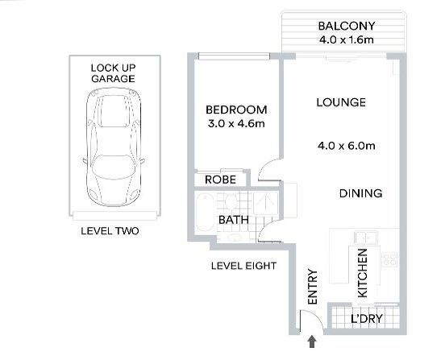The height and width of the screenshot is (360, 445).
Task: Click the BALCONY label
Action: click(x=347, y=26)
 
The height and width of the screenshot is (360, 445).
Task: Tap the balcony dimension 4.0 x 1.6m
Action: click(x=347, y=39)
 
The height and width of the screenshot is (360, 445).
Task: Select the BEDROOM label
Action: click(x=236, y=110)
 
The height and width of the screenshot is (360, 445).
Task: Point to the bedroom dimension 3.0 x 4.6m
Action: click(x=236, y=123)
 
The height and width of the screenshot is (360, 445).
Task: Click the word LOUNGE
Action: click(x=341, y=102)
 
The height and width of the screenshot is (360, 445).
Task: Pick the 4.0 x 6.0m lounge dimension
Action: click(x=347, y=146)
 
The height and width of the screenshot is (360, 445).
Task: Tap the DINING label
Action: click(x=360, y=193)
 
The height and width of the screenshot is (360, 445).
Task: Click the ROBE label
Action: click(x=221, y=180)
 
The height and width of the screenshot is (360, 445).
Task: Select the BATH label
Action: click(x=234, y=220)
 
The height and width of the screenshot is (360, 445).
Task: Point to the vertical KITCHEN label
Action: click(x=363, y=273)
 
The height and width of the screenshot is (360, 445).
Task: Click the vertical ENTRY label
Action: click(x=313, y=287)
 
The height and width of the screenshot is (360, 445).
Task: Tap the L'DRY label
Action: click(x=367, y=319)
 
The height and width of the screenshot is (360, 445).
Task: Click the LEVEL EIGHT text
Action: click(x=243, y=266)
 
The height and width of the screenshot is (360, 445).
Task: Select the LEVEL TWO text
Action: click(x=110, y=231)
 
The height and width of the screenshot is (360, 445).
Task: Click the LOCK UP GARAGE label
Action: click(x=113, y=73)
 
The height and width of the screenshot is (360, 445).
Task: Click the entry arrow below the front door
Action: click(x=312, y=341)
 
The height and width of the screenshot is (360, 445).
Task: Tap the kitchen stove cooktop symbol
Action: click(x=389, y=259)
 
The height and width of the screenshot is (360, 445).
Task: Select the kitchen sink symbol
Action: click(x=366, y=238)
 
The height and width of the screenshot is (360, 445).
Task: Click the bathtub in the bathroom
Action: click(x=204, y=212)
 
